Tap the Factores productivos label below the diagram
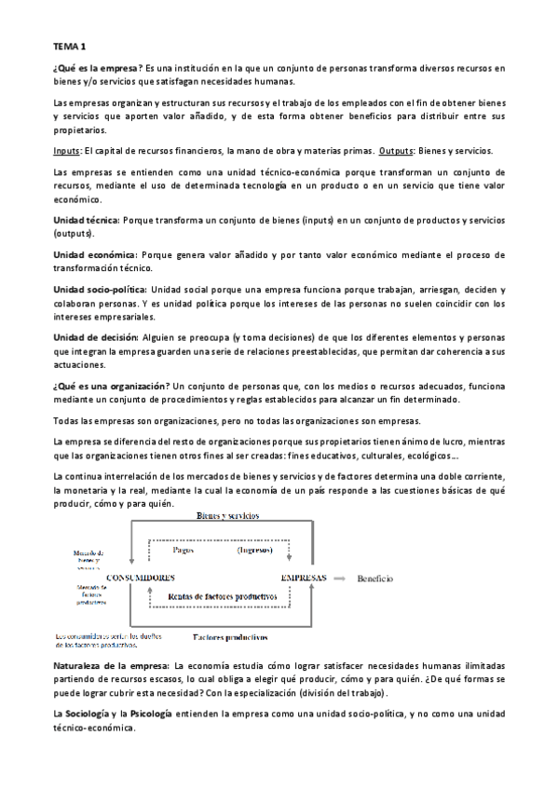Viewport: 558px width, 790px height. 228,638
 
